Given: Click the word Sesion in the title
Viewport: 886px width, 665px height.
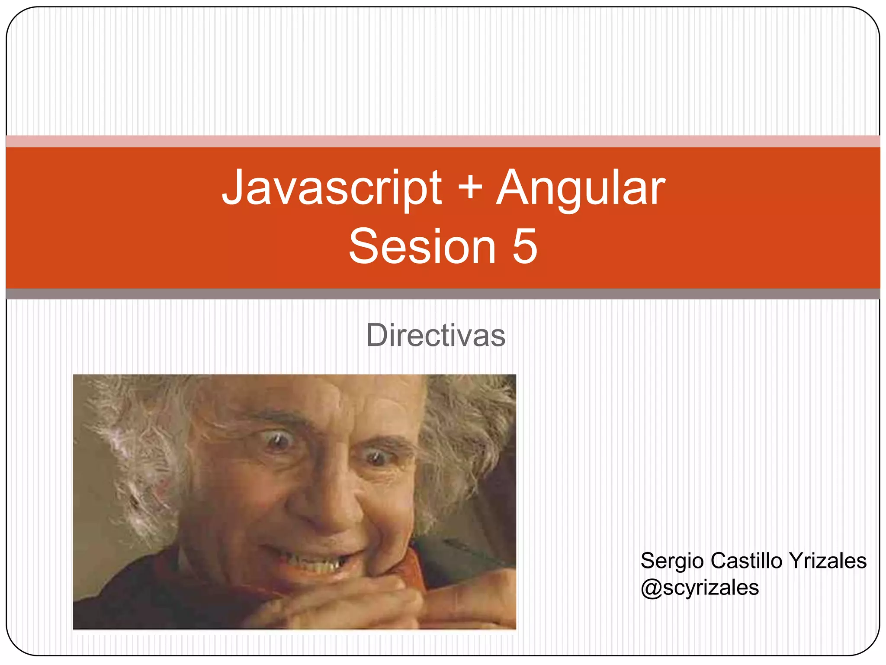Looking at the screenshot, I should [422, 247].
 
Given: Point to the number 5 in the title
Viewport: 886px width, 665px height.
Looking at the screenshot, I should [525, 247].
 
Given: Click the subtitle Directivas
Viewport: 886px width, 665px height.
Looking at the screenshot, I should [436, 336].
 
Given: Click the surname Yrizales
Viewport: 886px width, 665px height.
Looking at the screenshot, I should [827, 561].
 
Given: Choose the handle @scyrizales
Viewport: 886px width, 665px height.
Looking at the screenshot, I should [700, 588].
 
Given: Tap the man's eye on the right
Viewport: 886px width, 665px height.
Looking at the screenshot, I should [376, 457].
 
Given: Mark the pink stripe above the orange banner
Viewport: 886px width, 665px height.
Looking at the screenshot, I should [443, 141].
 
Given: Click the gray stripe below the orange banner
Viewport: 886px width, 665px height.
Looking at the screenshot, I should [443, 294].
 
